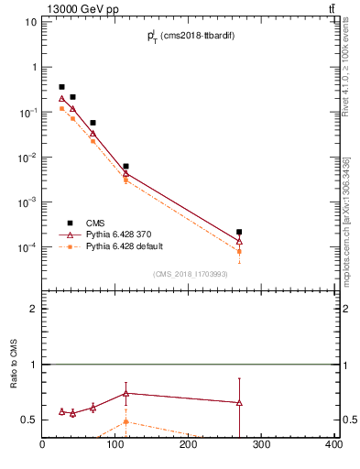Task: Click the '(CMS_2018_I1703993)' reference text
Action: [191, 273]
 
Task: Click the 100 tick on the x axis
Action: [115, 445]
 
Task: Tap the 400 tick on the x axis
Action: [333, 445]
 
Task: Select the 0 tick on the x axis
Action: [42, 445]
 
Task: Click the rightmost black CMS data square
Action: [239, 233]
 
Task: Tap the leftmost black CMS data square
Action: [61, 87]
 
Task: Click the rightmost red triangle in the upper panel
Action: [239, 241]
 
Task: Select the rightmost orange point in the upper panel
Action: [239, 251]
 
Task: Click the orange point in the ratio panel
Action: [125, 421]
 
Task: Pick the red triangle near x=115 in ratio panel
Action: [125, 393]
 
